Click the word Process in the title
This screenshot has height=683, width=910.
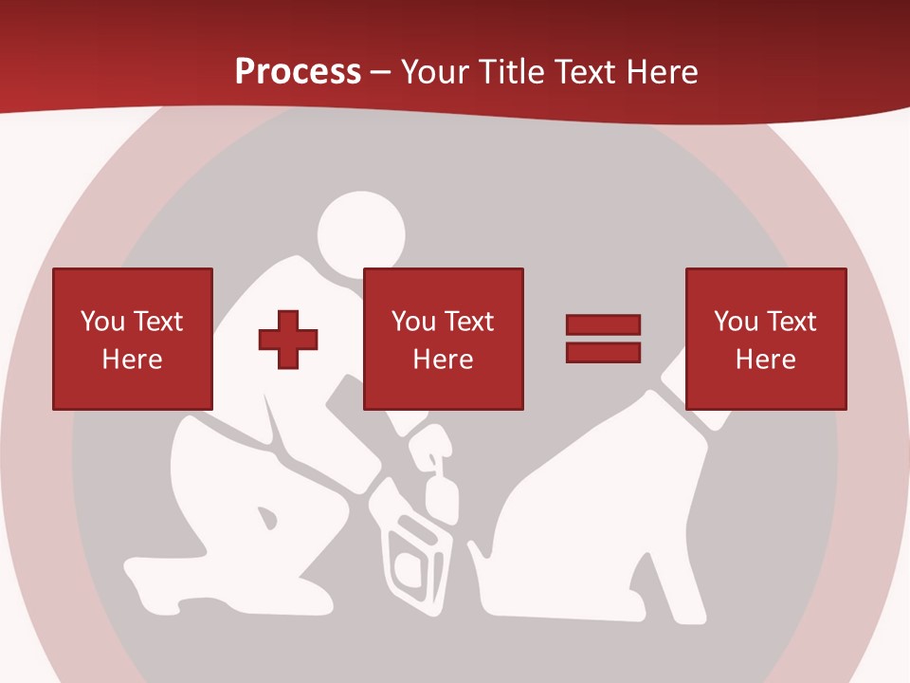[298, 72]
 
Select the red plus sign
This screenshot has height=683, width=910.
[288, 339]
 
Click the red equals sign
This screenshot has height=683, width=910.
[603, 339]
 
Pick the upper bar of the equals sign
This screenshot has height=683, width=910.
[603, 325]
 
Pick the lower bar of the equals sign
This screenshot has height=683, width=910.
[603, 352]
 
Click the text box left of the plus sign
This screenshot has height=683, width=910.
[133, 339]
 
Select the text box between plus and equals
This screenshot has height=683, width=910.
[444, 339]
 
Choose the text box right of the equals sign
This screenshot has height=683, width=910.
[766, 339]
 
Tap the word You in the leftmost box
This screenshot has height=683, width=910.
[102, 322]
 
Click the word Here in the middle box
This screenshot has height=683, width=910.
[444, 360]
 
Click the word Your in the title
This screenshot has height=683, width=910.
[431, 72]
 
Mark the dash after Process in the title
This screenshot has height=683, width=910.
[381, 72]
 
